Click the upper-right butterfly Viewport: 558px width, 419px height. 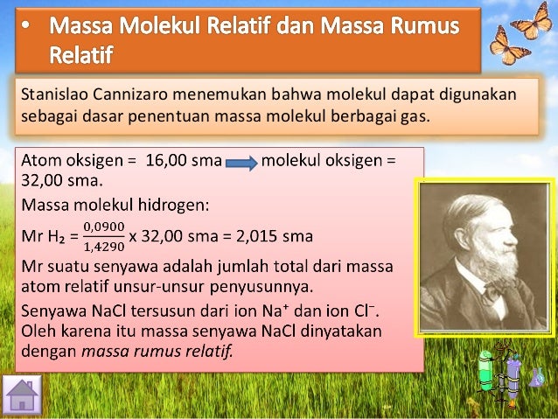[x=531, y=21]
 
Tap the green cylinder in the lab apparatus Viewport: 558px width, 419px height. [x=487, y=372]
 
